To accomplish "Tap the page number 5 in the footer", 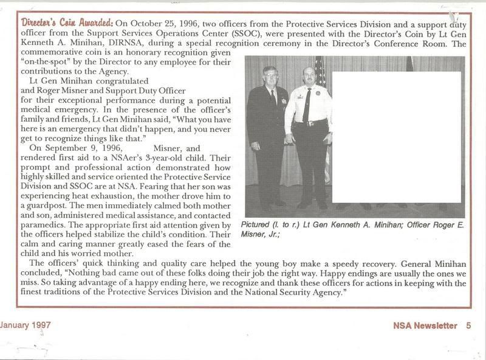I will click(x=468, y=326).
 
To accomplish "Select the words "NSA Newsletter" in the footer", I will click(x=425, y=326).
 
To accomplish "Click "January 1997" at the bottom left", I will click(x=26, y=325).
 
